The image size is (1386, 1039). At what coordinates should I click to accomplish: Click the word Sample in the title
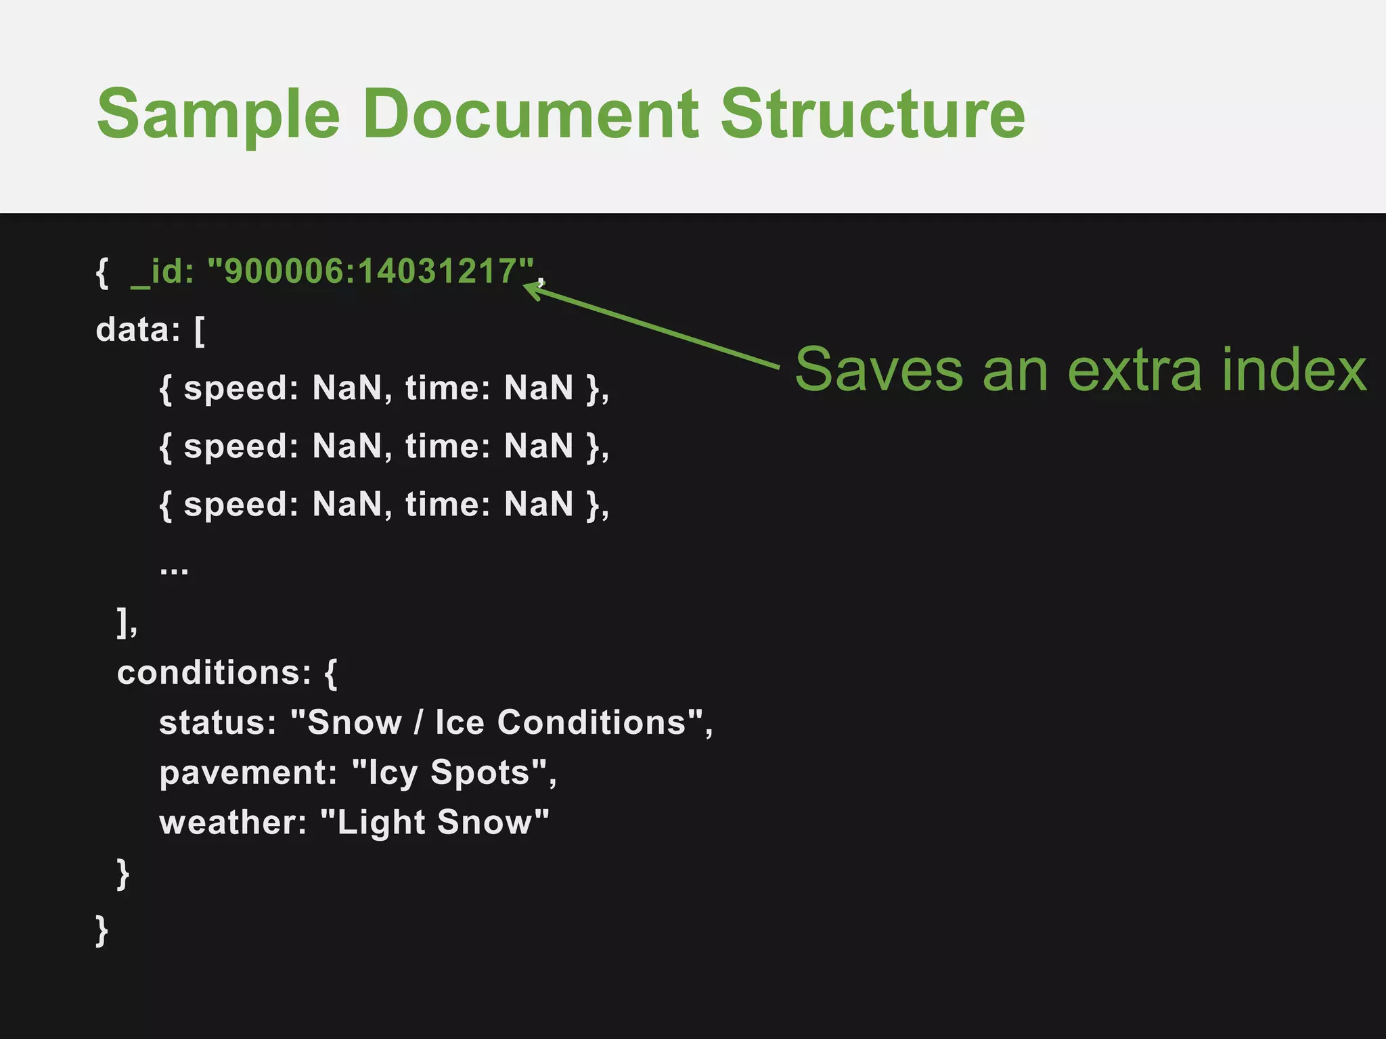coord(218,115)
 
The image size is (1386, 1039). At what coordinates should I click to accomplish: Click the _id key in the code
coord(162,272)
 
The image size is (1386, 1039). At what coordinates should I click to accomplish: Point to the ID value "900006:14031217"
coord(371,271)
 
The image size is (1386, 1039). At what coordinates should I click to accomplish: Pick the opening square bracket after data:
coord(200,331)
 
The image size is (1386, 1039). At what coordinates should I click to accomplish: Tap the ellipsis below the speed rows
coord(174,570)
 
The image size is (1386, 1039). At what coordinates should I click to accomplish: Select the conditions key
coord(214,672)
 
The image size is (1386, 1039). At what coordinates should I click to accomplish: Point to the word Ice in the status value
coord(460,722)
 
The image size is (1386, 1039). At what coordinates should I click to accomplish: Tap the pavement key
coord(248,772)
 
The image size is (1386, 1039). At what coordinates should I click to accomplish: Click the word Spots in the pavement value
coord(480,772)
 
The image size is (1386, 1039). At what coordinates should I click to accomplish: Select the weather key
coord(233,823)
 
